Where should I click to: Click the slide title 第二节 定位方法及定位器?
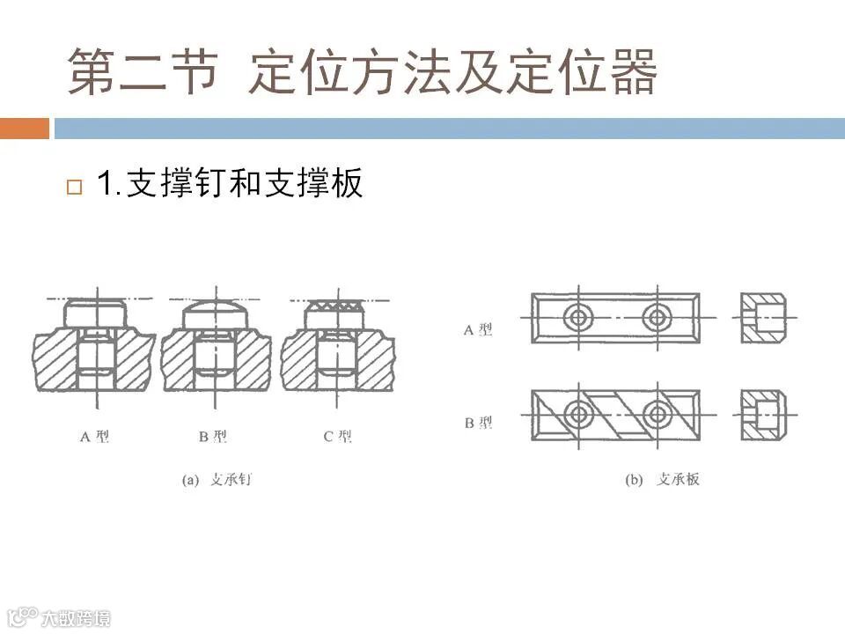[363, 72]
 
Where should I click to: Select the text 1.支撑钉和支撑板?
[230, 185]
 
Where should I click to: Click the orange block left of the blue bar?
[24, 129]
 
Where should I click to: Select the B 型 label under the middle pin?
[214, 436]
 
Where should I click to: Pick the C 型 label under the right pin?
[338, 436]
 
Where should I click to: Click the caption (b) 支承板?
[661, 480]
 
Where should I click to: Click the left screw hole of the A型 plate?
[578, 317]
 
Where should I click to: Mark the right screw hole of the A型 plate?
[656, 317]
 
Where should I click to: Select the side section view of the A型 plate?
[762, 317]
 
